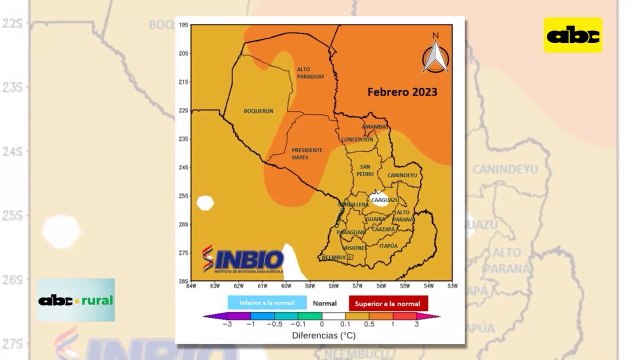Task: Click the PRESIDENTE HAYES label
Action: [307, 154]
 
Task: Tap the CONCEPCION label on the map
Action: [357, 140]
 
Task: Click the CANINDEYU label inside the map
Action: [401, 175]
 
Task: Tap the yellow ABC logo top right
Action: [573, 36]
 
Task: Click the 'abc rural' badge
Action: [76, 300]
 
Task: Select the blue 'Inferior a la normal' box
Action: [261, 301]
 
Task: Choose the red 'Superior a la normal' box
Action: [388, 301]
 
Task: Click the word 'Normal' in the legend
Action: [323, 301]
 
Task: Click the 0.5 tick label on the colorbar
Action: [369, 324]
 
